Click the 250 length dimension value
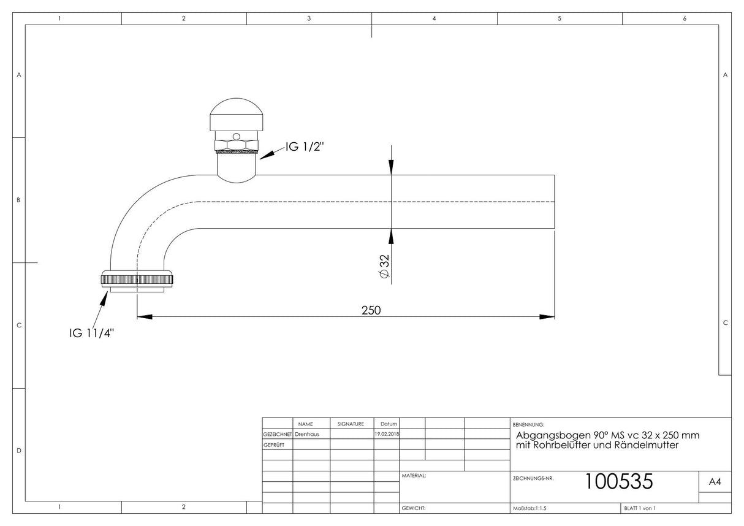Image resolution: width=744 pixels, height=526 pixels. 371,310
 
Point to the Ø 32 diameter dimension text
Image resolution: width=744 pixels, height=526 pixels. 384,266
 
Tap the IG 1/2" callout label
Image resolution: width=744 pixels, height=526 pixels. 305,147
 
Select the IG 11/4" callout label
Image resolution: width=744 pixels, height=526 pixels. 92,333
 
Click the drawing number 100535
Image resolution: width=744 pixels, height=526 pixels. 619,481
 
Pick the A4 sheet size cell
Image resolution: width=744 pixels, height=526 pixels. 715,481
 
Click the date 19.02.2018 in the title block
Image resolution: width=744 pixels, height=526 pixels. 387,434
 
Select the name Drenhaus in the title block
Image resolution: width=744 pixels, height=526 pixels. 307,434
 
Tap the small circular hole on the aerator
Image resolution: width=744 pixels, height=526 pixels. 236,137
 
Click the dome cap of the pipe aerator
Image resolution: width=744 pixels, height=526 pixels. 236,114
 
